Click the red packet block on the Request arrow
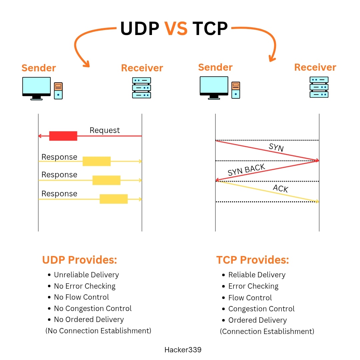click(63, 136)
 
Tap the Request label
click(105, 130)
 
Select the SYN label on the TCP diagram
click(276, 147)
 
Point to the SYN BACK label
click(246, 170)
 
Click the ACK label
click(281, 189)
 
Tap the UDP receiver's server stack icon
click(142, 88)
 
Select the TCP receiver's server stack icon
click(319, 87)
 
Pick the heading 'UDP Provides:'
click(80, 260)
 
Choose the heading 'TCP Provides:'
click(253, 260)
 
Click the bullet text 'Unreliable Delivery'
click(86, 275)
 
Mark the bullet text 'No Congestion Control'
click(93, 309)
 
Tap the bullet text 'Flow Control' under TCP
click(250, 298)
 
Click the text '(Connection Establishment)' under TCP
click(267, 331)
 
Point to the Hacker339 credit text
click(183, 350)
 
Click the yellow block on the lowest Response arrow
click(114, 199)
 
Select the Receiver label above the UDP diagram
click(142, 68)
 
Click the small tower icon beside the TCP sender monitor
click(236, 90)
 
